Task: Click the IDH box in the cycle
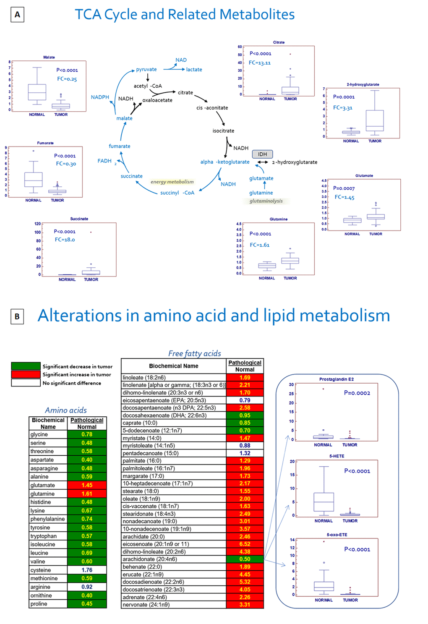point(262,154)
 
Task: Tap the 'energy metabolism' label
point(172,182)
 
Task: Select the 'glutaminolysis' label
point(266,201)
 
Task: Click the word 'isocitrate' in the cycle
point(223,131)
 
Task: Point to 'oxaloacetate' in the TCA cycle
point(157,100)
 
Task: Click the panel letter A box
point(17,15)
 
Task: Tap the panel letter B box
point(17,316)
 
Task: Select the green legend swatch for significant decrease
point(26,366)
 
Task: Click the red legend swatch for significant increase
point(26,374)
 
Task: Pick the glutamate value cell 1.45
point(87,485)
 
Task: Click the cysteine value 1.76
point(87,570)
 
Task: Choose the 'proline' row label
point(39,604)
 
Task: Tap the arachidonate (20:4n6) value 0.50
point(245,559)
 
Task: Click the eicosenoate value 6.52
point(245,544)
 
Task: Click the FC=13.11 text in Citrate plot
point(260,63)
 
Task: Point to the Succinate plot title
point(79,219)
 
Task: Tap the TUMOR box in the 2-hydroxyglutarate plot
point(375,121)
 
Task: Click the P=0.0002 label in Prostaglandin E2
point(357,393)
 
